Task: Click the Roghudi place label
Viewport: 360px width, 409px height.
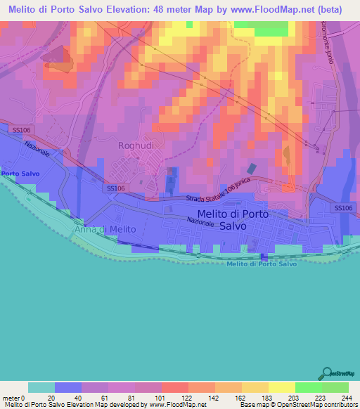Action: [135, 145]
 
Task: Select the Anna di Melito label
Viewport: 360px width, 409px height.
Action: [100, 228]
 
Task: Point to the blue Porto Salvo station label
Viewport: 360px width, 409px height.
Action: [20, 173]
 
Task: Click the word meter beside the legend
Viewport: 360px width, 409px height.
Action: [11, 397]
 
